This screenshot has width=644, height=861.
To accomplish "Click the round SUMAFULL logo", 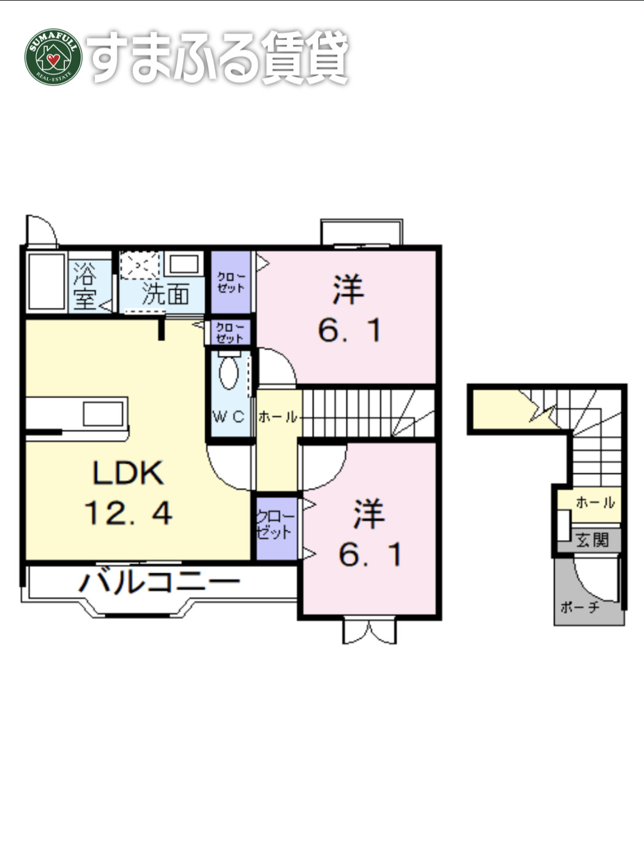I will pos(53,57).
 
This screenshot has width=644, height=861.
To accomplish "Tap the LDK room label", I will pos(128,473).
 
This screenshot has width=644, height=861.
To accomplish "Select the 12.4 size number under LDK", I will pos(128,513).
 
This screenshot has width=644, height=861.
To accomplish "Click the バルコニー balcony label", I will pos(159,581).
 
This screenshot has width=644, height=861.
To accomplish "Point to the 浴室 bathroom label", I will pos(84,286).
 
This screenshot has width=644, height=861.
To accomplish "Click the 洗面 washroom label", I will pos(165,295).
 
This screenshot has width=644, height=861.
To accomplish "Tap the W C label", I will pos(228,417).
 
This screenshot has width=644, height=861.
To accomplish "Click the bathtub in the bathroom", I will pos(47,281).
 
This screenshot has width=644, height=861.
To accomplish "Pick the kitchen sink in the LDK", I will pos(103,413).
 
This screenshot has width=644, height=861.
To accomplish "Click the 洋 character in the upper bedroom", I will pos(348,290).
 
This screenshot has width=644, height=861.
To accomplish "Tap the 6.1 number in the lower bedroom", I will pos(370,555).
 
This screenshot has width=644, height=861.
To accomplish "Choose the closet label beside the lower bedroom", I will pos(275,525).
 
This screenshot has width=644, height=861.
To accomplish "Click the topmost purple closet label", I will pos(231,282).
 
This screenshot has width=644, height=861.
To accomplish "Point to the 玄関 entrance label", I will pos(592,540).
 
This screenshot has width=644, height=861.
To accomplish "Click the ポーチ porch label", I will pos(579,607).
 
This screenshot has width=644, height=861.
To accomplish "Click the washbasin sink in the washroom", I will pos(184,265).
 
